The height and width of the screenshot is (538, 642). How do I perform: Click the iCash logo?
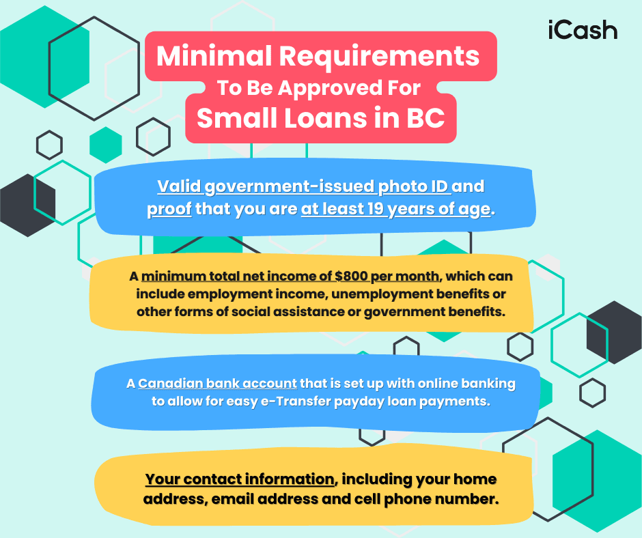583,30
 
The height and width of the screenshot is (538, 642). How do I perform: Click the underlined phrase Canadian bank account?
217,384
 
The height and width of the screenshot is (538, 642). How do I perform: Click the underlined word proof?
169,209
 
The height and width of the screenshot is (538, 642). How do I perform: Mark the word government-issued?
290,186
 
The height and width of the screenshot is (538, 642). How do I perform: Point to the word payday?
358,401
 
